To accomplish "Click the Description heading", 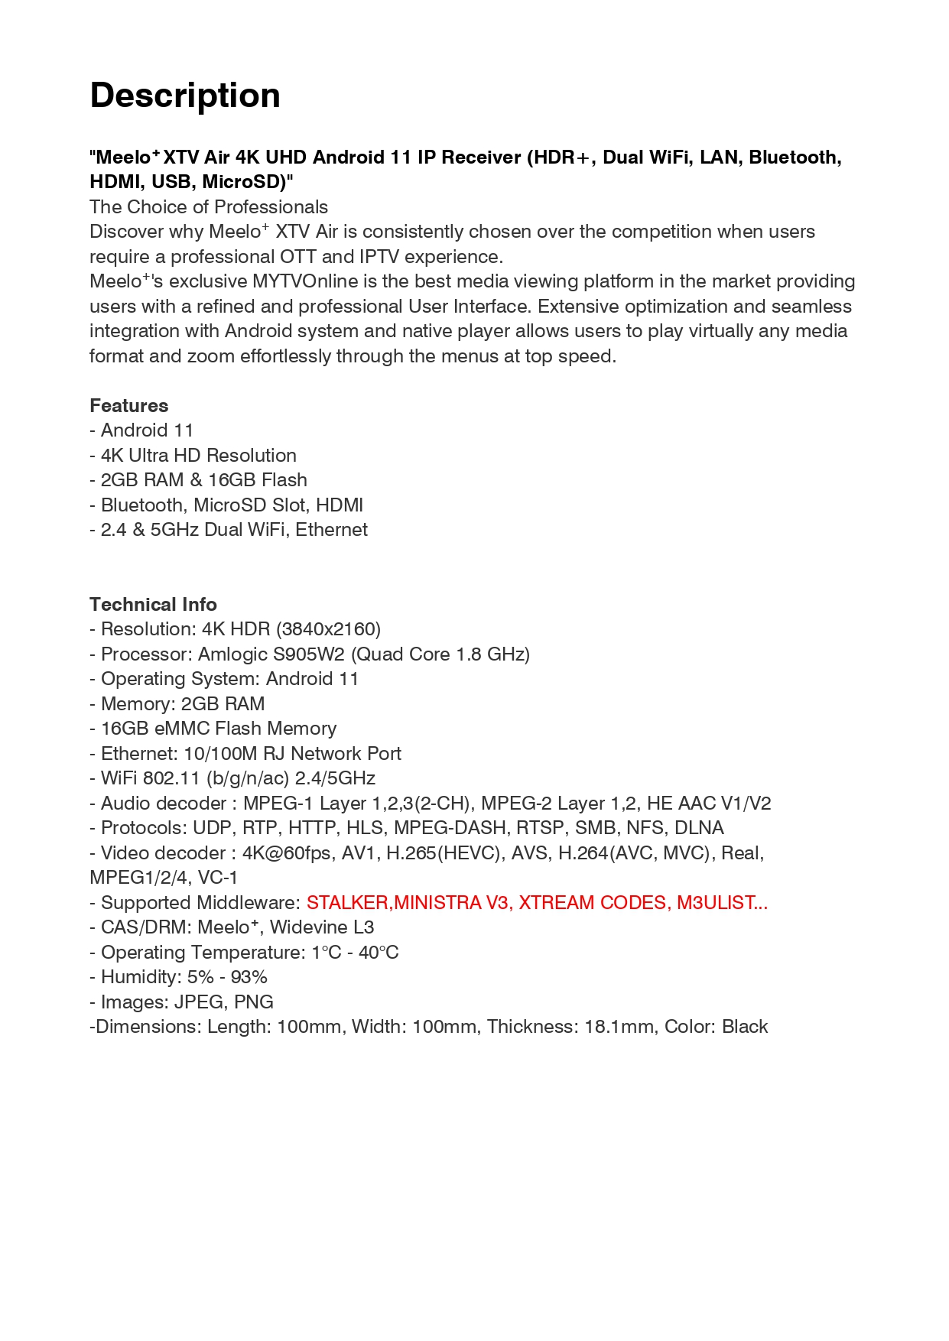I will [185, 96].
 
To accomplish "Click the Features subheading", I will [128, 405].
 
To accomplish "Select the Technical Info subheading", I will [153, 604].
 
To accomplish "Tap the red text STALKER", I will [347, 902].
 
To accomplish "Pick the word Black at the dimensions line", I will [744, 1026].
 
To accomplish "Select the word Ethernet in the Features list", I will [331, 530].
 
